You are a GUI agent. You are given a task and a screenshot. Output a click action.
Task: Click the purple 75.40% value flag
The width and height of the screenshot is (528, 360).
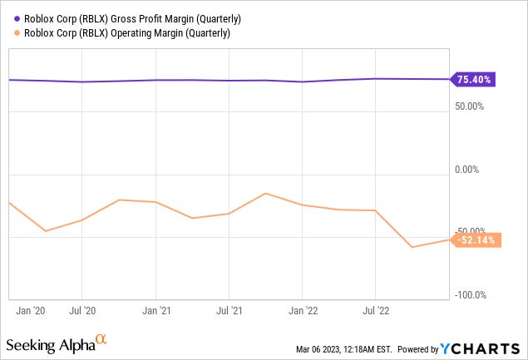pos(474,80)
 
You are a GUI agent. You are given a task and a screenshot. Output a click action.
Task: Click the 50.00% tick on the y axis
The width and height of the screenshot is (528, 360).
pos(476,106)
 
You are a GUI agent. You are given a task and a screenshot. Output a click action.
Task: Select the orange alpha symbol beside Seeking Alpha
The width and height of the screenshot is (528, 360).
pos(101,339)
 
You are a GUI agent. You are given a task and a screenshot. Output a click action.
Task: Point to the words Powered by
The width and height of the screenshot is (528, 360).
pos(423,348)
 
